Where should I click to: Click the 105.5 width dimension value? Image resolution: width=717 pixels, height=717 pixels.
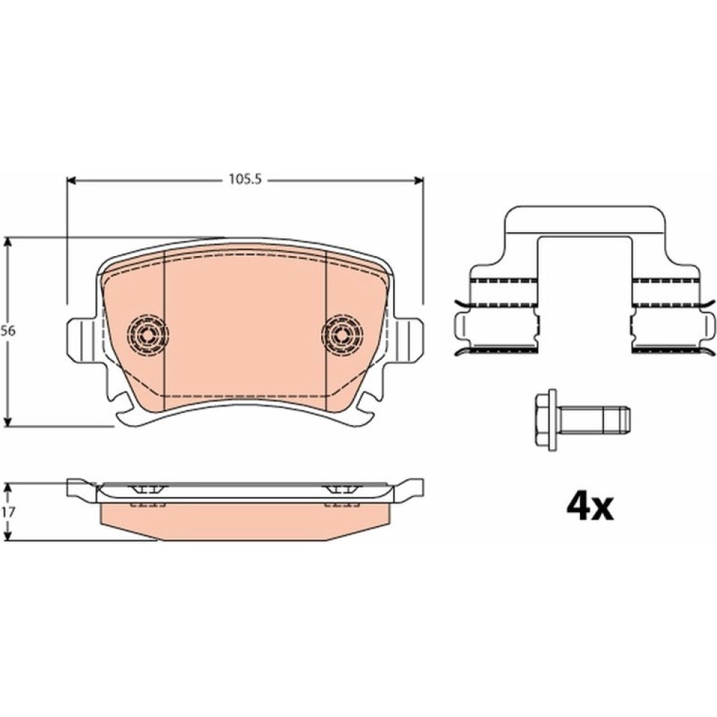pyautogui.click(x=244, y=179)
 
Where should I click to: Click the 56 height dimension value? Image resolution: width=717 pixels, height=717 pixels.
pyautogui.click(x=8, y=331)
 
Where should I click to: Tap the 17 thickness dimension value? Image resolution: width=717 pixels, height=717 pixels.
pyautogui.click(x=9, y=512)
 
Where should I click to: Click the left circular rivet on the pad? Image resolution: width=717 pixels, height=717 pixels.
pyautogui.click(x=147, y=335)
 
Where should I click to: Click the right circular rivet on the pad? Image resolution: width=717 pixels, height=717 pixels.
pyautogui.click(x=342, y=335)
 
